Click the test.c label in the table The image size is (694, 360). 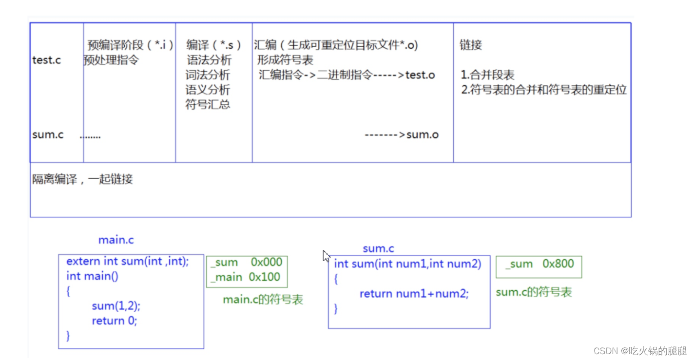[46, 61]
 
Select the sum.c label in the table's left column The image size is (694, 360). [48, 135]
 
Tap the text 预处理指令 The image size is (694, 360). [111, 60]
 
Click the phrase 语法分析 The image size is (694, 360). [209, 60]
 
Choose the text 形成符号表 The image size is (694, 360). [285, 60]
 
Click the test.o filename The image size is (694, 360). [420, 75]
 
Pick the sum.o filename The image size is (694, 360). [422, 135]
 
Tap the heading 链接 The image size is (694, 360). [471, 45]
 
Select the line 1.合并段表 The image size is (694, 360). [487, 75]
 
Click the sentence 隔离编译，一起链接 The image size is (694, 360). [82, 179]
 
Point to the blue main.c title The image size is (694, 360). [116, 240]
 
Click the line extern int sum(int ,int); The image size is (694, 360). [127, 261]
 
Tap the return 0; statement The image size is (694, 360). [115, 321]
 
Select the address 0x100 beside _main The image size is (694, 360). [265, 277]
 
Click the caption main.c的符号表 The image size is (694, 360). [263, 300]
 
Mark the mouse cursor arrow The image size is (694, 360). [326, 256]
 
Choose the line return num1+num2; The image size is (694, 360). [414, 294]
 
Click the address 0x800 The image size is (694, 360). [558, 264]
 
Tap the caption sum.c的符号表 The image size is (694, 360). [534, 292]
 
